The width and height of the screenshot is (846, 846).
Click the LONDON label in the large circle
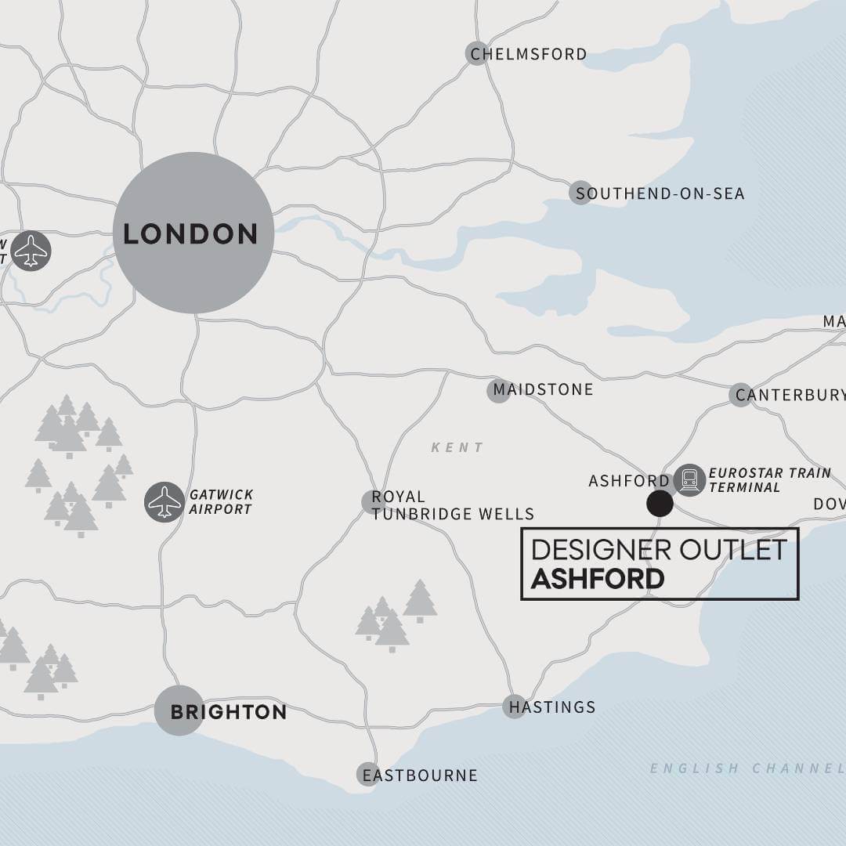pos(190,234)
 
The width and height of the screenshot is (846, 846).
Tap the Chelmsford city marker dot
pos(477,53)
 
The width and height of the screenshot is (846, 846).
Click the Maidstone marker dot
pos(499,390)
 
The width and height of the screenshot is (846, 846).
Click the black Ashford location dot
pos(660,504)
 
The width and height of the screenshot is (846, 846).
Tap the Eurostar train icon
pos(689,480)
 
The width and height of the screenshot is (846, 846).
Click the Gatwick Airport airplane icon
pos(164,502)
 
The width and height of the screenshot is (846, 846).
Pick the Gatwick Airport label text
pos(221,502)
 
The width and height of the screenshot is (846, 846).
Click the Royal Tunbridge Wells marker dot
pos(372,502)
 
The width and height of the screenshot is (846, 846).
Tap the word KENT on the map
pos(457,447)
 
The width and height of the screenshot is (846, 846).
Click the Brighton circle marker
pos(179,711)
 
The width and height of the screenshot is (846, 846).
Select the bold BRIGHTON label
pos(228,712)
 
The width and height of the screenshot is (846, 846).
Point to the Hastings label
pos(552,707)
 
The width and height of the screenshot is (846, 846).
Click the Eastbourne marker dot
pos(367,775)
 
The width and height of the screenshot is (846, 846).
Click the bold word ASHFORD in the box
pos(598,579)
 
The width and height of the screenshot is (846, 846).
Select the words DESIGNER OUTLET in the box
pos(658,550)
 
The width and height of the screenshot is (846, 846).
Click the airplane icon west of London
pos(31,251)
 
